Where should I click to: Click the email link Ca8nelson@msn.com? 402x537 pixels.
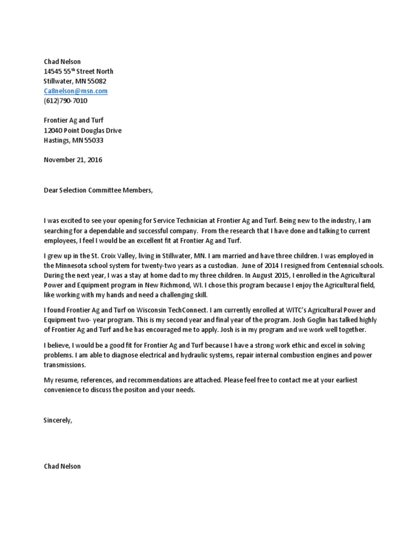pos(75,91)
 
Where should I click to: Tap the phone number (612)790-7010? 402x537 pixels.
pos(65,101)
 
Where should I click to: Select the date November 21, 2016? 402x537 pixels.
pos(73,160)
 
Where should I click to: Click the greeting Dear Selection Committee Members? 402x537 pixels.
pos(98,190)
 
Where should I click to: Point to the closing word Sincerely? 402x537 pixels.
pos(58,421)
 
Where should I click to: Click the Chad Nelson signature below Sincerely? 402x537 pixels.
pos(62,466)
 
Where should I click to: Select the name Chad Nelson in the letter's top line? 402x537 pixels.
pos(62,61)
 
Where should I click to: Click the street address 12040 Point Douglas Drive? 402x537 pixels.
pos(82,131)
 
